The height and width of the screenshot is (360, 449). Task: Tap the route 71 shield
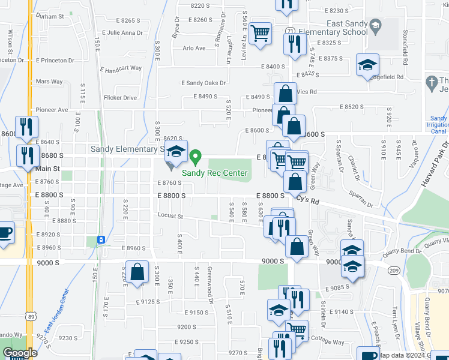[x=291, y=31]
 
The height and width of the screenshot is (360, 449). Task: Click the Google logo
[x=20, y=353]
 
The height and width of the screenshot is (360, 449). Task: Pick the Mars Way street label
[x=49, y=82]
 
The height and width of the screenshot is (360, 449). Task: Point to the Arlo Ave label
[x=194, y=48]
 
